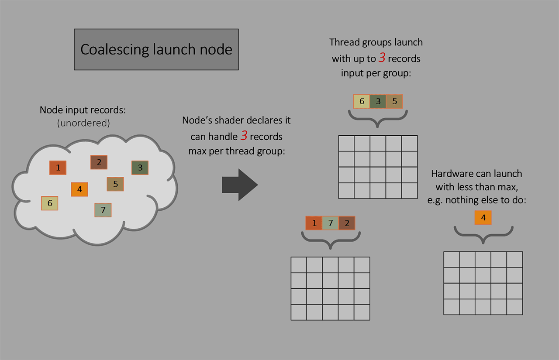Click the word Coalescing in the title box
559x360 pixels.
[x=115, y=49]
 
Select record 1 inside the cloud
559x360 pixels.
[x=58, y=168]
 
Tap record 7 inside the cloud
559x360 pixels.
[x=103, y=210]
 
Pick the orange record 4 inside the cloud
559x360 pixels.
[x=79, y=189]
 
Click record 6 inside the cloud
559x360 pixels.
[x=50, y=203]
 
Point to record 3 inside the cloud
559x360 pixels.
[x=140, y=168]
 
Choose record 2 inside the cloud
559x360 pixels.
[x=99, y=162]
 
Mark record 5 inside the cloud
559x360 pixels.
[x=115, y=184]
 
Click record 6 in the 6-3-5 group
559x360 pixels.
[x=362, y=101]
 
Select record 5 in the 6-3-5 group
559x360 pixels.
[x=394, y=101]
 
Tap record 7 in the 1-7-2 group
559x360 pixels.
[x=331, y=223]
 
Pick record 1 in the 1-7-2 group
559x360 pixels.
[x=314, y=223]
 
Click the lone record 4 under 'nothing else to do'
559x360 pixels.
[x=483, y=218]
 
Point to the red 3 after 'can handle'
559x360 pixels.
[x=244, y=135]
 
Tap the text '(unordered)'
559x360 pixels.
[x=83, y=123]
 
